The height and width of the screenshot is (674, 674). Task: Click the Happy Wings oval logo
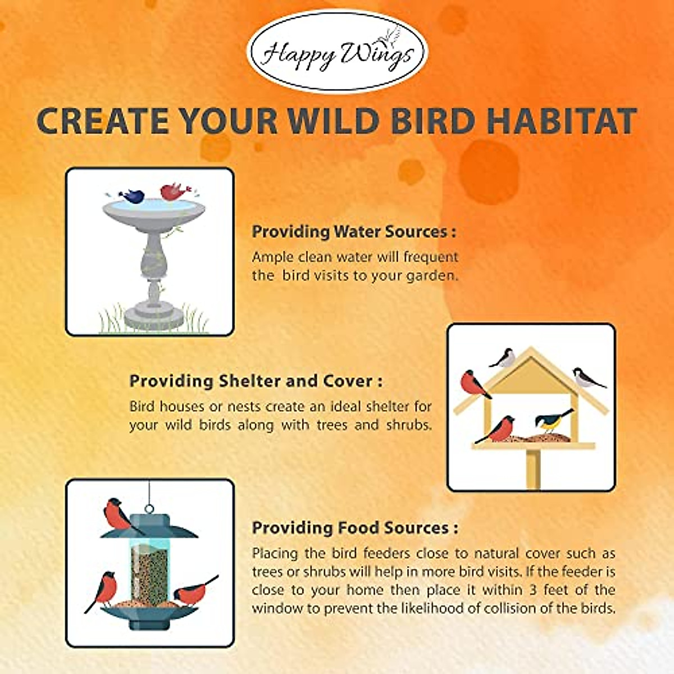(x=337, y=52)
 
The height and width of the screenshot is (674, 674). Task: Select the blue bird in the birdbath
(x=133, y=196)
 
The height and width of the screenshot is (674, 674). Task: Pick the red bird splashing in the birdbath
(x=173, y=192)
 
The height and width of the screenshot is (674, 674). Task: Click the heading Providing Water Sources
(x=353, y=231)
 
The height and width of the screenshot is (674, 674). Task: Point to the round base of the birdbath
(x=154, y=318)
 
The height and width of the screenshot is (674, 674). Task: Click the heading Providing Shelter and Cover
(x=256, y=381)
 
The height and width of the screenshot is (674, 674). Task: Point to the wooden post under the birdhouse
(x=533, y=469)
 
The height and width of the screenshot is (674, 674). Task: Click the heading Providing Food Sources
(x=354, y=528)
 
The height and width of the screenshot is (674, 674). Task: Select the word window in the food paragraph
(x=272, y=608)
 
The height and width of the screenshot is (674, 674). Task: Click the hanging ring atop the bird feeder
(x=149, y=509)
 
